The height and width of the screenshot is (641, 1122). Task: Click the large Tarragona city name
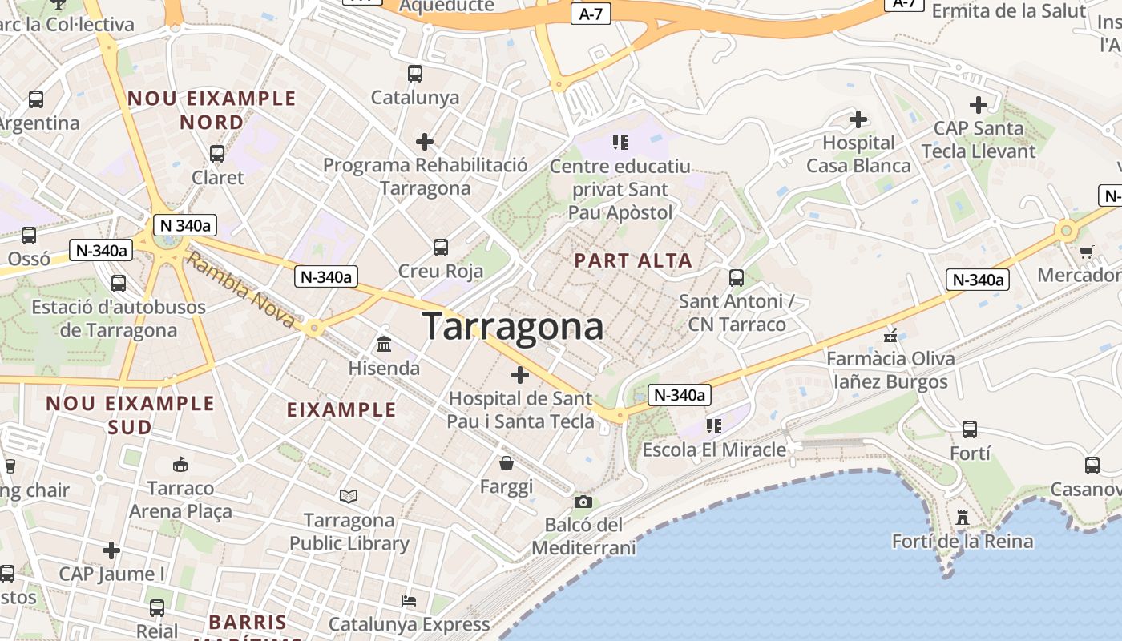pos(513,327)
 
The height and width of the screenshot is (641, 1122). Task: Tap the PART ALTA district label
pos(633,260)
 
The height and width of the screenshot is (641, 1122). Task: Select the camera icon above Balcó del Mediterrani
pos(583,502)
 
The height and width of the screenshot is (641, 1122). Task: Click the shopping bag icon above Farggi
pos(507,462)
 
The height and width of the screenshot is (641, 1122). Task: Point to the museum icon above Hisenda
pos(384,344)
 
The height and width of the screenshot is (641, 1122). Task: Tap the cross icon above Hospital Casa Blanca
pos(858,119)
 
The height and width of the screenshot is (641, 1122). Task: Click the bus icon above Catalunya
pos(415,74)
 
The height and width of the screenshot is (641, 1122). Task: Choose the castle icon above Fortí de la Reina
pos(963,518)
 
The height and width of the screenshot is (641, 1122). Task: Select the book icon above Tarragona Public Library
pos(349,496)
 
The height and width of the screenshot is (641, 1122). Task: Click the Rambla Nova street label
pos(240,289)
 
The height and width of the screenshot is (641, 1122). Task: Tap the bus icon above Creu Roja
pos(441,247)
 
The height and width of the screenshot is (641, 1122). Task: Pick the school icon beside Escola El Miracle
pos(713,425)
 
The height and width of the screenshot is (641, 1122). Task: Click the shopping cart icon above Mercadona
pos(1087,252)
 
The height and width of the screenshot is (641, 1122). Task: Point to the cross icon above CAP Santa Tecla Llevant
pos(978,104)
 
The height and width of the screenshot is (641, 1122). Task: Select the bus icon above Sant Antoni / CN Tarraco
pos(737,278)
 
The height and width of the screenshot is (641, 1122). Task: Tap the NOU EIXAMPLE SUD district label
pos(130,414)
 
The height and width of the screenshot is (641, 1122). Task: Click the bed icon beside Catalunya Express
pos(409,600)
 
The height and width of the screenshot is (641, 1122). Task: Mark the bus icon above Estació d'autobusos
pos(119,283)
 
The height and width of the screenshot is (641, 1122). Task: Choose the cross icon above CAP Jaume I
pos(111,550)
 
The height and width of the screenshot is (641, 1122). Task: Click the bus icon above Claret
pos(217,153)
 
